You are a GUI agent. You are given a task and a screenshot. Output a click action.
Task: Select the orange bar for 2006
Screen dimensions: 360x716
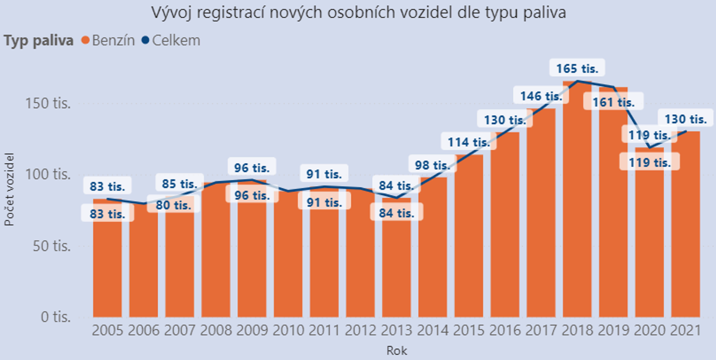143,263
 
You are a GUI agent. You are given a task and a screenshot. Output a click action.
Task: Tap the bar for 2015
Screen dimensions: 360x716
469,239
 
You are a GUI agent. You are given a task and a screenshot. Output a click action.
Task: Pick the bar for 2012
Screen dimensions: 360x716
360,254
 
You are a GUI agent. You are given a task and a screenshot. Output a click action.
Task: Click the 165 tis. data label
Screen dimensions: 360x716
577,68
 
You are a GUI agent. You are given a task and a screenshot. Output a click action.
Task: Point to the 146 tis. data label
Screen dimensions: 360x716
541,96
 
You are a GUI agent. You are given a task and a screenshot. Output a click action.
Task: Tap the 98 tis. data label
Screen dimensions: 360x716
432,165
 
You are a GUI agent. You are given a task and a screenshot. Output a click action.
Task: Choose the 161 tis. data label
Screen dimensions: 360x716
613,102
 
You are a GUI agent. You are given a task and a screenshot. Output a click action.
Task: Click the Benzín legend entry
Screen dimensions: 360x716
113,40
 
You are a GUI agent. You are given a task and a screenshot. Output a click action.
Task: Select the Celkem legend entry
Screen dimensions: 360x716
176,40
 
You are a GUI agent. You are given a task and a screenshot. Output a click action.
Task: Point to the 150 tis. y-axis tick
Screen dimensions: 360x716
48,103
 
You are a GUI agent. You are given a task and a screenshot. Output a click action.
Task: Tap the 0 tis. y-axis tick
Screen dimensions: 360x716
56,317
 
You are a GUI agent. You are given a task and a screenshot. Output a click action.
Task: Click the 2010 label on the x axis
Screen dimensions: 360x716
288,330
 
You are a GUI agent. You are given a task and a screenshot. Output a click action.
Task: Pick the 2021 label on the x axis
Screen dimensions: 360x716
686,330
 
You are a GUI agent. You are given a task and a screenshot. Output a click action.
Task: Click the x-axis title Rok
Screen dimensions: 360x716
397,350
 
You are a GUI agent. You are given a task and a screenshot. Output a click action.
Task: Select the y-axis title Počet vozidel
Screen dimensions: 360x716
9,189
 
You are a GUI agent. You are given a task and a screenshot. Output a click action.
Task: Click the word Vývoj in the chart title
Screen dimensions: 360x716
172,13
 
